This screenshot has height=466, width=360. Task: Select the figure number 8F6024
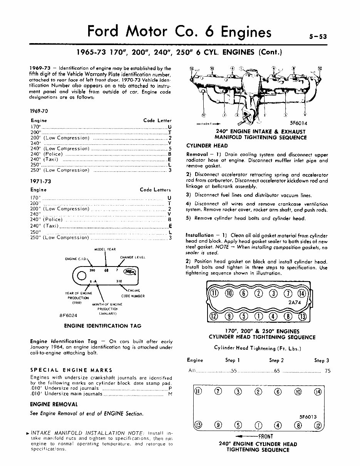coord(69,315)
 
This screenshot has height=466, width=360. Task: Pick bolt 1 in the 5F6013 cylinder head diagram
coord(258,426)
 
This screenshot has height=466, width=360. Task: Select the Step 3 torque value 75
coord(327,371)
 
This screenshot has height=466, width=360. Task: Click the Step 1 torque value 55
coord(233,371)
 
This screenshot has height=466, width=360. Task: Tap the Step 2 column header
coord(276,360)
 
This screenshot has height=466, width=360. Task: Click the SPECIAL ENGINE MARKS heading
coord(71,370)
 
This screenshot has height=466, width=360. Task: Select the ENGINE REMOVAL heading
coord(54,404)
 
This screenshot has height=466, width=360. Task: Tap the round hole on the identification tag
coord(82,276)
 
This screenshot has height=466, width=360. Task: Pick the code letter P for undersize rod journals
coord(170,389)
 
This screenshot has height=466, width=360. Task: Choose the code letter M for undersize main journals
coord(170,394)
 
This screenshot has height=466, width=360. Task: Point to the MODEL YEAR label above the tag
coord(105,250)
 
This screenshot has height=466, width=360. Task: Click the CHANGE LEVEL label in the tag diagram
coord(132,257)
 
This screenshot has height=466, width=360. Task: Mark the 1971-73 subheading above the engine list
coord(40,181)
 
